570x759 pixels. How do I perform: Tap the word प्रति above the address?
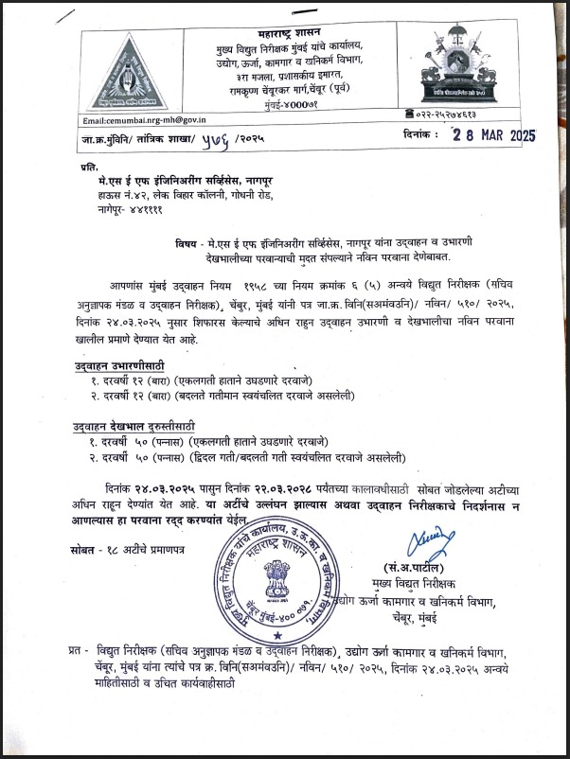click(x=90, y=165)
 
